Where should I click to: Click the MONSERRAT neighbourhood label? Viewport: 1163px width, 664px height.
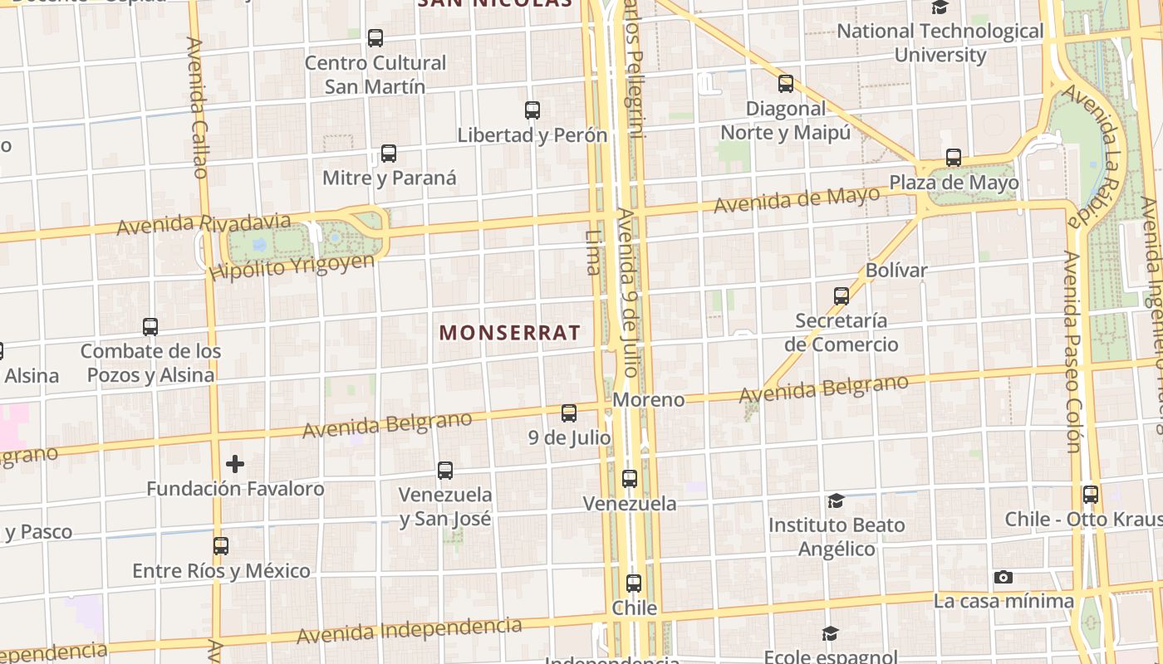tap(510, 333)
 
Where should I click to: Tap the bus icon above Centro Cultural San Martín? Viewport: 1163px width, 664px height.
tap(375, 38)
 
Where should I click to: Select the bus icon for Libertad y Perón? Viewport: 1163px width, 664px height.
tap(532, 110)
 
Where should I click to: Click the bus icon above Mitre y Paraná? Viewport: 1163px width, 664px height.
tap(389, 154)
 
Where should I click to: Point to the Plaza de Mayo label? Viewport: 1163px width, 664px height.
tap(954, 183)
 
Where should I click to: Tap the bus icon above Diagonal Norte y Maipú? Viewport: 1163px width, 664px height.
tap(786, 84)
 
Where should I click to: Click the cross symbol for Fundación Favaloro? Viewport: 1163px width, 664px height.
tap(235, 464)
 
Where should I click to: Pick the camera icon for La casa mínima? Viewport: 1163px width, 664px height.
tap(1004, 577)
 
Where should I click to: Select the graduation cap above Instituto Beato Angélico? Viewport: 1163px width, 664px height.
tap(836, 501)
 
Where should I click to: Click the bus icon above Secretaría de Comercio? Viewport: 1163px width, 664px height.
tap(842, 296)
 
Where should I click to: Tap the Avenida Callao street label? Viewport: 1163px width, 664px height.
tap(197, 108)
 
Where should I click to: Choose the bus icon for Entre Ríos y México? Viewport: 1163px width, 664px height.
tap(221, 546)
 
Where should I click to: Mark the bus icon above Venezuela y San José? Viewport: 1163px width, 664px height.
tap(445, 471)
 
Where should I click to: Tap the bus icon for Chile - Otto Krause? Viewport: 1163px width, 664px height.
tap(1091, 495)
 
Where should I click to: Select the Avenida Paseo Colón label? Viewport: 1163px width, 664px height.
tap(1072, 353)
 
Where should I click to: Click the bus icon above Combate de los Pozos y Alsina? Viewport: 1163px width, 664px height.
tap(150, 327)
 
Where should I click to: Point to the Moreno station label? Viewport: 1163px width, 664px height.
tap(649, 400)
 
